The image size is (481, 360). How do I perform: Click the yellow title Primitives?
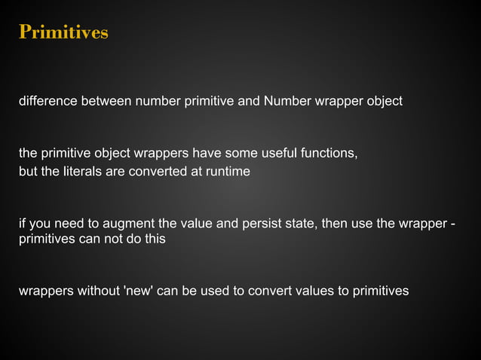(63, 33)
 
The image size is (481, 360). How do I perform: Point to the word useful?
(279, 154)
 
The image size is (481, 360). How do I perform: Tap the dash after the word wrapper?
(452, 224)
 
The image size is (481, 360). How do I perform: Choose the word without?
(94, 291)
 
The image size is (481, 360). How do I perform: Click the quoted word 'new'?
(137, 291)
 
